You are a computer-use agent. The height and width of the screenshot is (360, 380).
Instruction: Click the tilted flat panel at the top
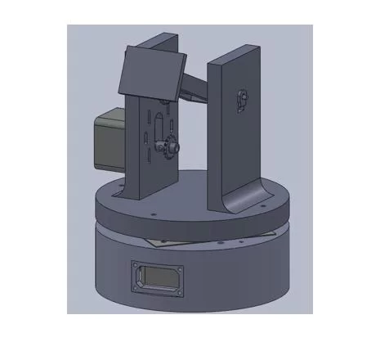151,72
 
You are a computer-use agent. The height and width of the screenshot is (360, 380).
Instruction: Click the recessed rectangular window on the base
157,275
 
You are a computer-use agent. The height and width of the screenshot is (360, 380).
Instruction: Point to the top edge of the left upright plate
161,38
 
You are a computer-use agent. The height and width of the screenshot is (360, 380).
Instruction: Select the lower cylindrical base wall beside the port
237,278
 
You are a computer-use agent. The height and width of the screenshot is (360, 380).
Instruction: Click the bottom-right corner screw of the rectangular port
178,286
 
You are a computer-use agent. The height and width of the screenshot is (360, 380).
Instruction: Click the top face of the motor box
110,118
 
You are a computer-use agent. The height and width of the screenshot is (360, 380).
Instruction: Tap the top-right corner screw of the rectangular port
179,265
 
